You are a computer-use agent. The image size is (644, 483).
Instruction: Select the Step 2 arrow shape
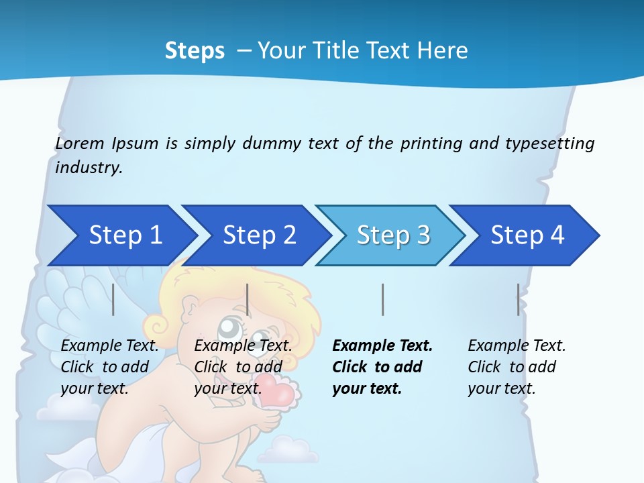pyautogui.click(x=259, y=235)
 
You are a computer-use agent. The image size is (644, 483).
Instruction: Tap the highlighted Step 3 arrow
pyautogui.click(x=393, y=235)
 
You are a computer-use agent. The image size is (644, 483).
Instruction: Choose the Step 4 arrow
pyautogui.click(x=527, y=235)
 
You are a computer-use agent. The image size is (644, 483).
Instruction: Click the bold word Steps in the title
pyautogui.click(x=195, y=50)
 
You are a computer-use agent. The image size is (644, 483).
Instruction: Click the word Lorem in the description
pyautogui.click(x=79, y=144)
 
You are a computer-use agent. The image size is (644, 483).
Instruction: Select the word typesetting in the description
pyautogui.click(x=549, y=144)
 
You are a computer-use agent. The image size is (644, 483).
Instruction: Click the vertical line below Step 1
pyautogui.click(x=113, y=300)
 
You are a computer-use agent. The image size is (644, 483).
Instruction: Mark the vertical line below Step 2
pyautogui.click(x=248, y=300)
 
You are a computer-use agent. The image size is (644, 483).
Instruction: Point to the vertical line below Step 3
pyautogui.click(x=382, y=300)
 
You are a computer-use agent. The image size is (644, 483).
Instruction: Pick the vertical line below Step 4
pyautogui.click(x=518, y=300)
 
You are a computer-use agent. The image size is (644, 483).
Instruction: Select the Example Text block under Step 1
pyautogui.click(x=109, y=367)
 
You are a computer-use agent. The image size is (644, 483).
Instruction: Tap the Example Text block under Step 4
pyautogui.click(x=517, y=367)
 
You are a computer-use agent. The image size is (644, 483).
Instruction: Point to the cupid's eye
pyautogui.click(x=229, y=327)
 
